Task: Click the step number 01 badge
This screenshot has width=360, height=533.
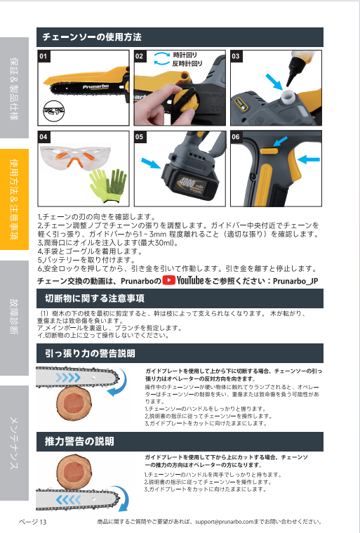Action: (x=43, y=56)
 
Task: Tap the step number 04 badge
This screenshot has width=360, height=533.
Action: (x=43, y=137)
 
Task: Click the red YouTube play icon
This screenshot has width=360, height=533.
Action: (x=169, y=280)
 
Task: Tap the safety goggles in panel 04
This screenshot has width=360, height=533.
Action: (x=74, y=157)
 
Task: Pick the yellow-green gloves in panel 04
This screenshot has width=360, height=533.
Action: (x=108, y=185)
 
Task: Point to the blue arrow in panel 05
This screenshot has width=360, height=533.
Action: (x=150, y=163)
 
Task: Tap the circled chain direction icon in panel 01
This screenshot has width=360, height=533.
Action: (x=53, y=111)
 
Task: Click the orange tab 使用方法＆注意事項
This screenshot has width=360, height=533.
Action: (x=14, y=199)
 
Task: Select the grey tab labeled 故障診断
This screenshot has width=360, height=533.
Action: (x=14, y=318)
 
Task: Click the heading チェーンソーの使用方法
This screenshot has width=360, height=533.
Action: (x=92, y=37)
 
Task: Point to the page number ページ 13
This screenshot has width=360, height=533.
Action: (x=32, y=522)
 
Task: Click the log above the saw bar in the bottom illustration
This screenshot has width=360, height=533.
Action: (x=74, y=473)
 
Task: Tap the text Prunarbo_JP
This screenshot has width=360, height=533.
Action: (x=295, y=281)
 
